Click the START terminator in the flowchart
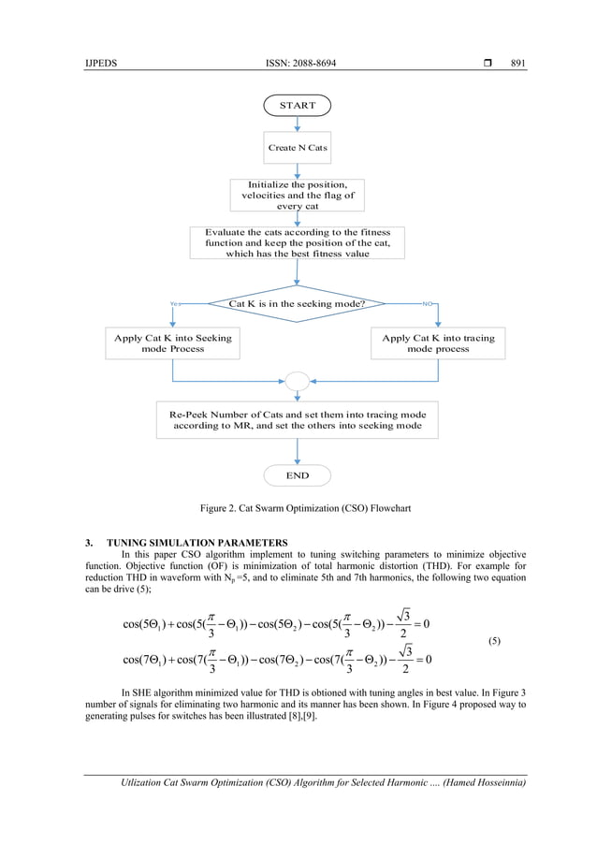coord(297,105)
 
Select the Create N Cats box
coord(297,148)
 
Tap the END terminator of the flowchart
coord(297,475)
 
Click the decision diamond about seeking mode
coord(297,304)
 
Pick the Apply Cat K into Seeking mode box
coord(172,343)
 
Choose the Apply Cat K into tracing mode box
coord(438,343)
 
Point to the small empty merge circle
coord(297,381)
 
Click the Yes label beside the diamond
coord(174,304)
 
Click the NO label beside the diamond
coord(428,304)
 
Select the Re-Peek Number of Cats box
coord(297,420)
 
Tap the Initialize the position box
coord(297,195)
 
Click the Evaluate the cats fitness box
coord(297,242)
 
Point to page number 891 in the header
coord(517,64)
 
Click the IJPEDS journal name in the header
coord(99,64)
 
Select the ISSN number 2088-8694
coord(298,64)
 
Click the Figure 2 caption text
coord(297,508)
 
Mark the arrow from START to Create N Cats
coord(297,125)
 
